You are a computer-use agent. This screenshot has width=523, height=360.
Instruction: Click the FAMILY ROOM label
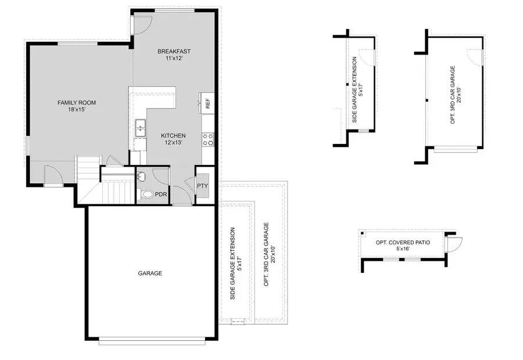tap(76, 103)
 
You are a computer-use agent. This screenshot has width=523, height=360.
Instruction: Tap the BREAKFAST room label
tap(174, 52)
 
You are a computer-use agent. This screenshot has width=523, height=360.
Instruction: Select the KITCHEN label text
tap(173, 136)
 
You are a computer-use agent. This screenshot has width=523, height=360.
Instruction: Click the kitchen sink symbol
tap(140, 128)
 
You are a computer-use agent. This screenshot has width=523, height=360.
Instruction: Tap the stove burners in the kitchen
tap(207, 139)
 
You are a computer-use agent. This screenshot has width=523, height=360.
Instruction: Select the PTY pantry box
tap(202, 186)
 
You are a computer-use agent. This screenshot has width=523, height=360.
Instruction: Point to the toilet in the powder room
tap(146, 195)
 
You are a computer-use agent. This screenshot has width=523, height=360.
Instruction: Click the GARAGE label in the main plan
tap(150, 273)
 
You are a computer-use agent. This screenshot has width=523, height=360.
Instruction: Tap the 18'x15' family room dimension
tap(76, 110)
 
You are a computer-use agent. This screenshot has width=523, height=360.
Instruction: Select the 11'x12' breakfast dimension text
tap(174, 59)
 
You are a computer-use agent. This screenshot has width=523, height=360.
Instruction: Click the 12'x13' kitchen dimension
tap(173, 143)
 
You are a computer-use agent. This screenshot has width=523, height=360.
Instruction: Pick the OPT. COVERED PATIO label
tap(403, 242)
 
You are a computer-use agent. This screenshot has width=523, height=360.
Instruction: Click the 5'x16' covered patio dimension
tap(403, 249)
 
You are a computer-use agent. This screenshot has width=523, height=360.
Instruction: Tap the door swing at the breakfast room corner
tap(141, 24)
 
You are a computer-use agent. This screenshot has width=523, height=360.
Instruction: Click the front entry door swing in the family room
tap(53, 174)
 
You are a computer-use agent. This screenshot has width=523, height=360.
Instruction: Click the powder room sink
tap(141, 176)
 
